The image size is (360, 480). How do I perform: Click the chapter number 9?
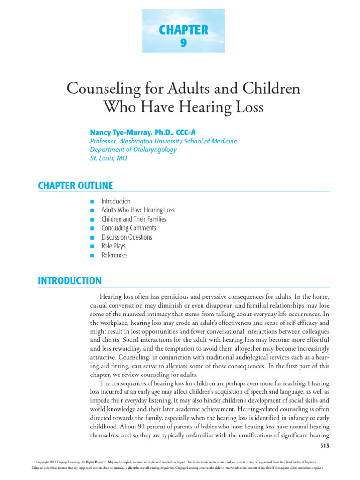183,44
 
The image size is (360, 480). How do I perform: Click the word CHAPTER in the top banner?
183,30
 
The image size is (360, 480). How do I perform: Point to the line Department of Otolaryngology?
133,150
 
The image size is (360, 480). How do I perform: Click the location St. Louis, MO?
108,158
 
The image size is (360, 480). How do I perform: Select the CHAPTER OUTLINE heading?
75,186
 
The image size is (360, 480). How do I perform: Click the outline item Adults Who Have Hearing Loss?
138,210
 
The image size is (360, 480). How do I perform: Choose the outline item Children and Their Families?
134,219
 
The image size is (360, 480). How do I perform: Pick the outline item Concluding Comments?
128,228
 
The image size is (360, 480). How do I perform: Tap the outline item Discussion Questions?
127,237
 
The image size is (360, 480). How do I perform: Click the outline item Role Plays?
113,246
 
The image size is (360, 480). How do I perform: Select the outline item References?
114,255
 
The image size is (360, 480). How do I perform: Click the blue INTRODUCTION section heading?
69,281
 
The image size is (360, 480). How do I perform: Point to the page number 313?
324,445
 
